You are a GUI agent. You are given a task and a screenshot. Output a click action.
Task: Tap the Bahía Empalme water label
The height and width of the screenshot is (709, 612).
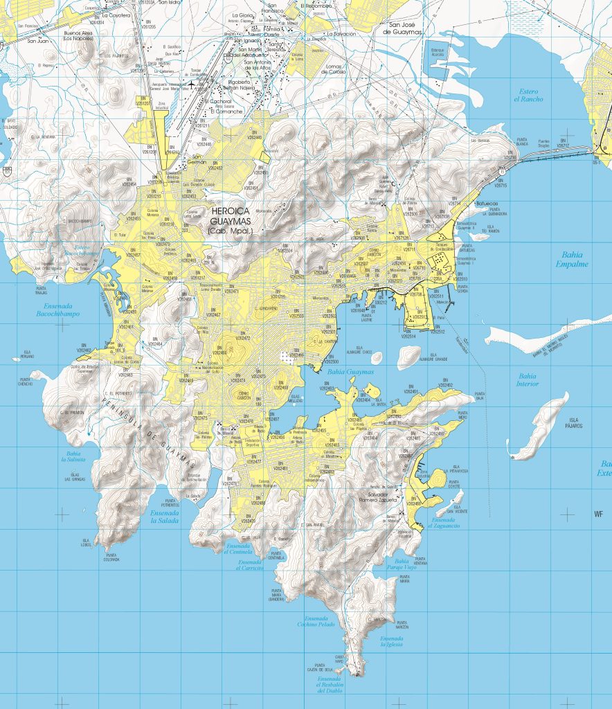[x=572, y=259]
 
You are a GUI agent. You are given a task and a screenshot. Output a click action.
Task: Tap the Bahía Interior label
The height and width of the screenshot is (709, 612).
[x=528, y=379]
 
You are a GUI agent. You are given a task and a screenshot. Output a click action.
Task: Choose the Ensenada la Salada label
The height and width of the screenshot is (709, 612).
[x=164, y=517]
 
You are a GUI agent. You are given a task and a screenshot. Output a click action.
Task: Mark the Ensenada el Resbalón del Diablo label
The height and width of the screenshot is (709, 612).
[x=330, y=686]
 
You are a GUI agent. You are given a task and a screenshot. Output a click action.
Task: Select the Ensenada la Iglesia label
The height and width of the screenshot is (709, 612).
[x=391, y=641]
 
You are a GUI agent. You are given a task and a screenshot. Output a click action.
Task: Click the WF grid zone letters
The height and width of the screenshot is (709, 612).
[x=599, y=514]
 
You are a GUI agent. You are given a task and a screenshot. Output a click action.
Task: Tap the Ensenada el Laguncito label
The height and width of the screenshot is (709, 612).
[x=443, y=523]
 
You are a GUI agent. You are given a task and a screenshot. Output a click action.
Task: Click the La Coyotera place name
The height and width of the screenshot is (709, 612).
[x=116, y=15]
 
